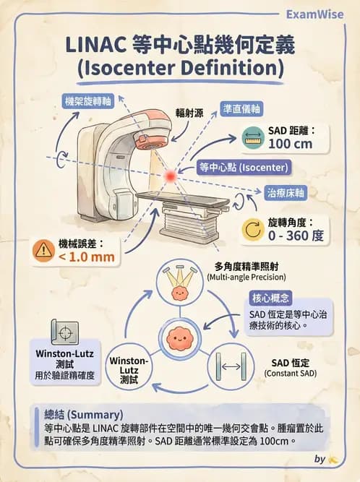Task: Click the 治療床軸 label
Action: (x=284, y=194)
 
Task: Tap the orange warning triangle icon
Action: (x=43, y=249)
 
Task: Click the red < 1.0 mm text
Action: (x=86, y=257)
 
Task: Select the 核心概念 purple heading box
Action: (x=272, y=298)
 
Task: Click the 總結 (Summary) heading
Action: (x=80, y=415)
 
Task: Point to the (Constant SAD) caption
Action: (x=290, y=373)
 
